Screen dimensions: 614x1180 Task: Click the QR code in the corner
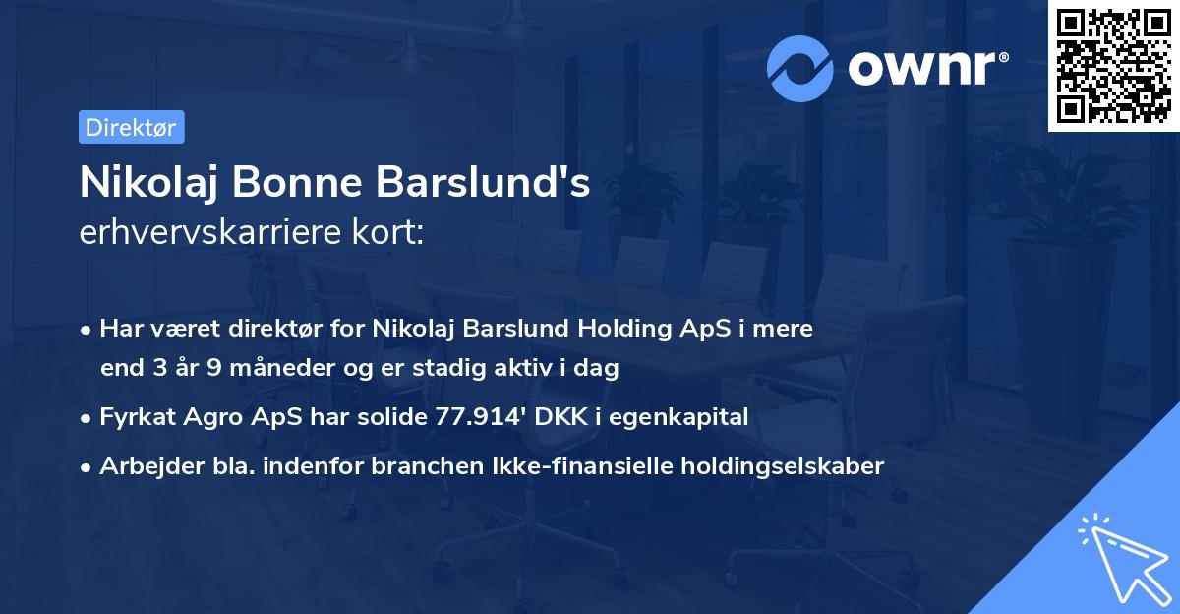(1114, 65)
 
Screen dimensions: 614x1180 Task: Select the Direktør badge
(131, 127)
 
